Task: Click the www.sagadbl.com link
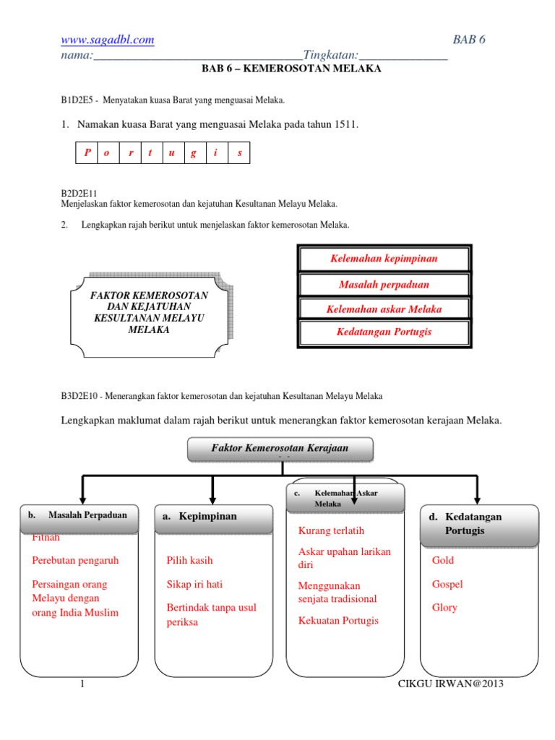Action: click(x=107, y=40)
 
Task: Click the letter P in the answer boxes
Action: click(x=87, y=152)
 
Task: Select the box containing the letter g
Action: click(x=194, y=152)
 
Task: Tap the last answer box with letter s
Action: click(x=239, y=152)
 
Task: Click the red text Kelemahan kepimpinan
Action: click(x=384, y=259)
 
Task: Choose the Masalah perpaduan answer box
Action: click(x=384, y=285)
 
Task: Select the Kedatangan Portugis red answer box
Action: click(x=384, y=332)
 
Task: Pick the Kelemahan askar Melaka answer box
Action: click(x=384, y=309)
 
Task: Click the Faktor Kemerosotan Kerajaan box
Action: click(x=280, y=449)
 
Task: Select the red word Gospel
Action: click(x=447, y=584)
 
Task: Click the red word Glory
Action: click(x=444, y=608)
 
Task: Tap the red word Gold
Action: click(x=443, y=560)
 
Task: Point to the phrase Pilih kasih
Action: click(x=189, y=560)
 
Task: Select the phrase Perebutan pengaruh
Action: click(x=75, y=560)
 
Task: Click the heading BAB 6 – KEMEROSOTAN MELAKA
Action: click(x=291, y=69)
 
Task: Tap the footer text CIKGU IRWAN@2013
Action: click(x=451, y=684)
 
